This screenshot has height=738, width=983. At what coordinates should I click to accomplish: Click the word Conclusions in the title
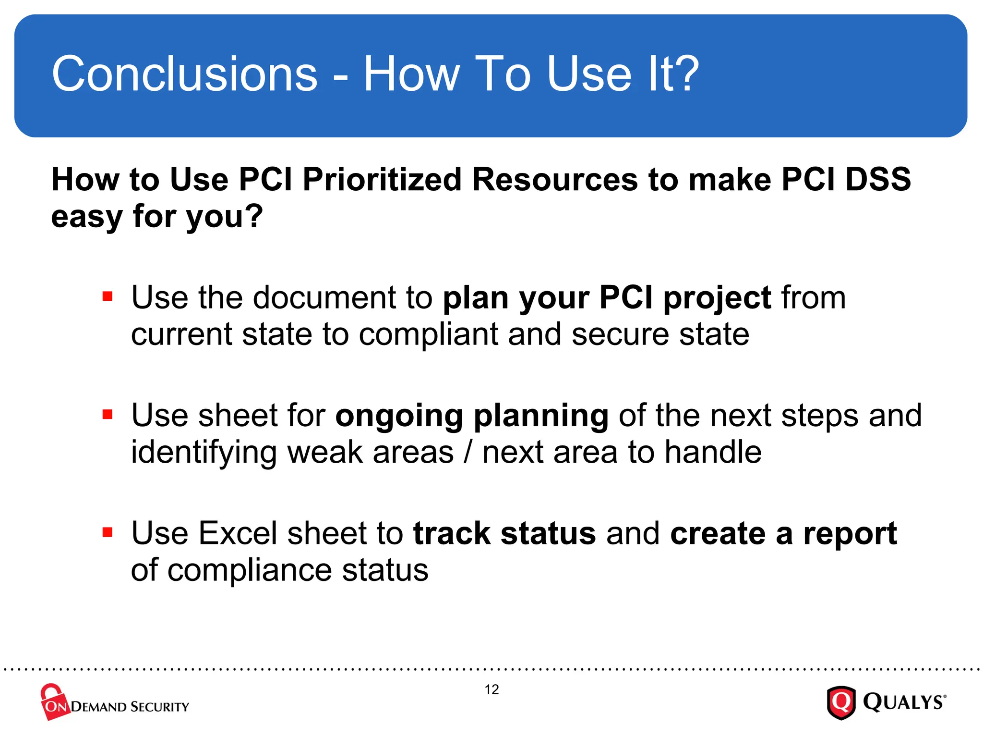(185, 74)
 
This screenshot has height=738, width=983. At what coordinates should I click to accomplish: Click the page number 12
(491, 689)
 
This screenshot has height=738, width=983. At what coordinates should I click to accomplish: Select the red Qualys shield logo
(840, 702)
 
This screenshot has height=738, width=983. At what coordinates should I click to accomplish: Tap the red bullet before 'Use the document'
(108, 296)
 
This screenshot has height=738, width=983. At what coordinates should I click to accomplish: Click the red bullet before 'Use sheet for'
(108, 414)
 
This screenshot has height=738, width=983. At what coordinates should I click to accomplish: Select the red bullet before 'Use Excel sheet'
(108, 532)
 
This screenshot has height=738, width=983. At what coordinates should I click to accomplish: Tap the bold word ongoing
(399, 416)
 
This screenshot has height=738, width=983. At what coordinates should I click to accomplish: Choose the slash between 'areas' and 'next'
(468, 453)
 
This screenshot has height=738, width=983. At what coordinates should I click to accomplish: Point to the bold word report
(850, 534)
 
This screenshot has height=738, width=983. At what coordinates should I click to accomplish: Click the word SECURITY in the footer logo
(160, 707)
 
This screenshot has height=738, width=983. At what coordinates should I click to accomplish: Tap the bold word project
(717, 299)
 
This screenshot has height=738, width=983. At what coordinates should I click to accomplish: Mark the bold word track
(452, 533)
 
